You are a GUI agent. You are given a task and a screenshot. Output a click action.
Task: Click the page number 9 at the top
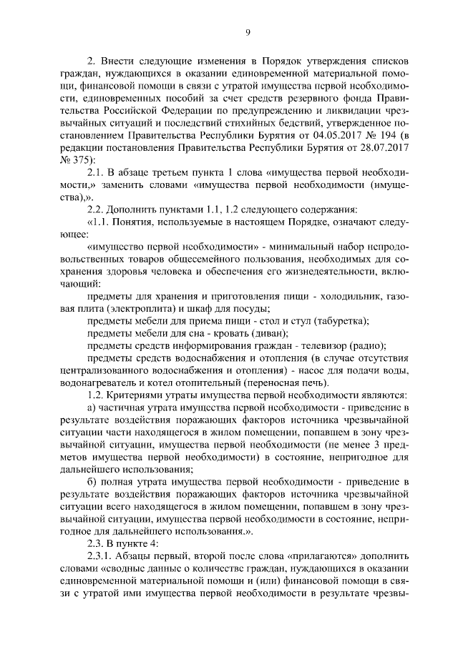[x=247, y=32]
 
